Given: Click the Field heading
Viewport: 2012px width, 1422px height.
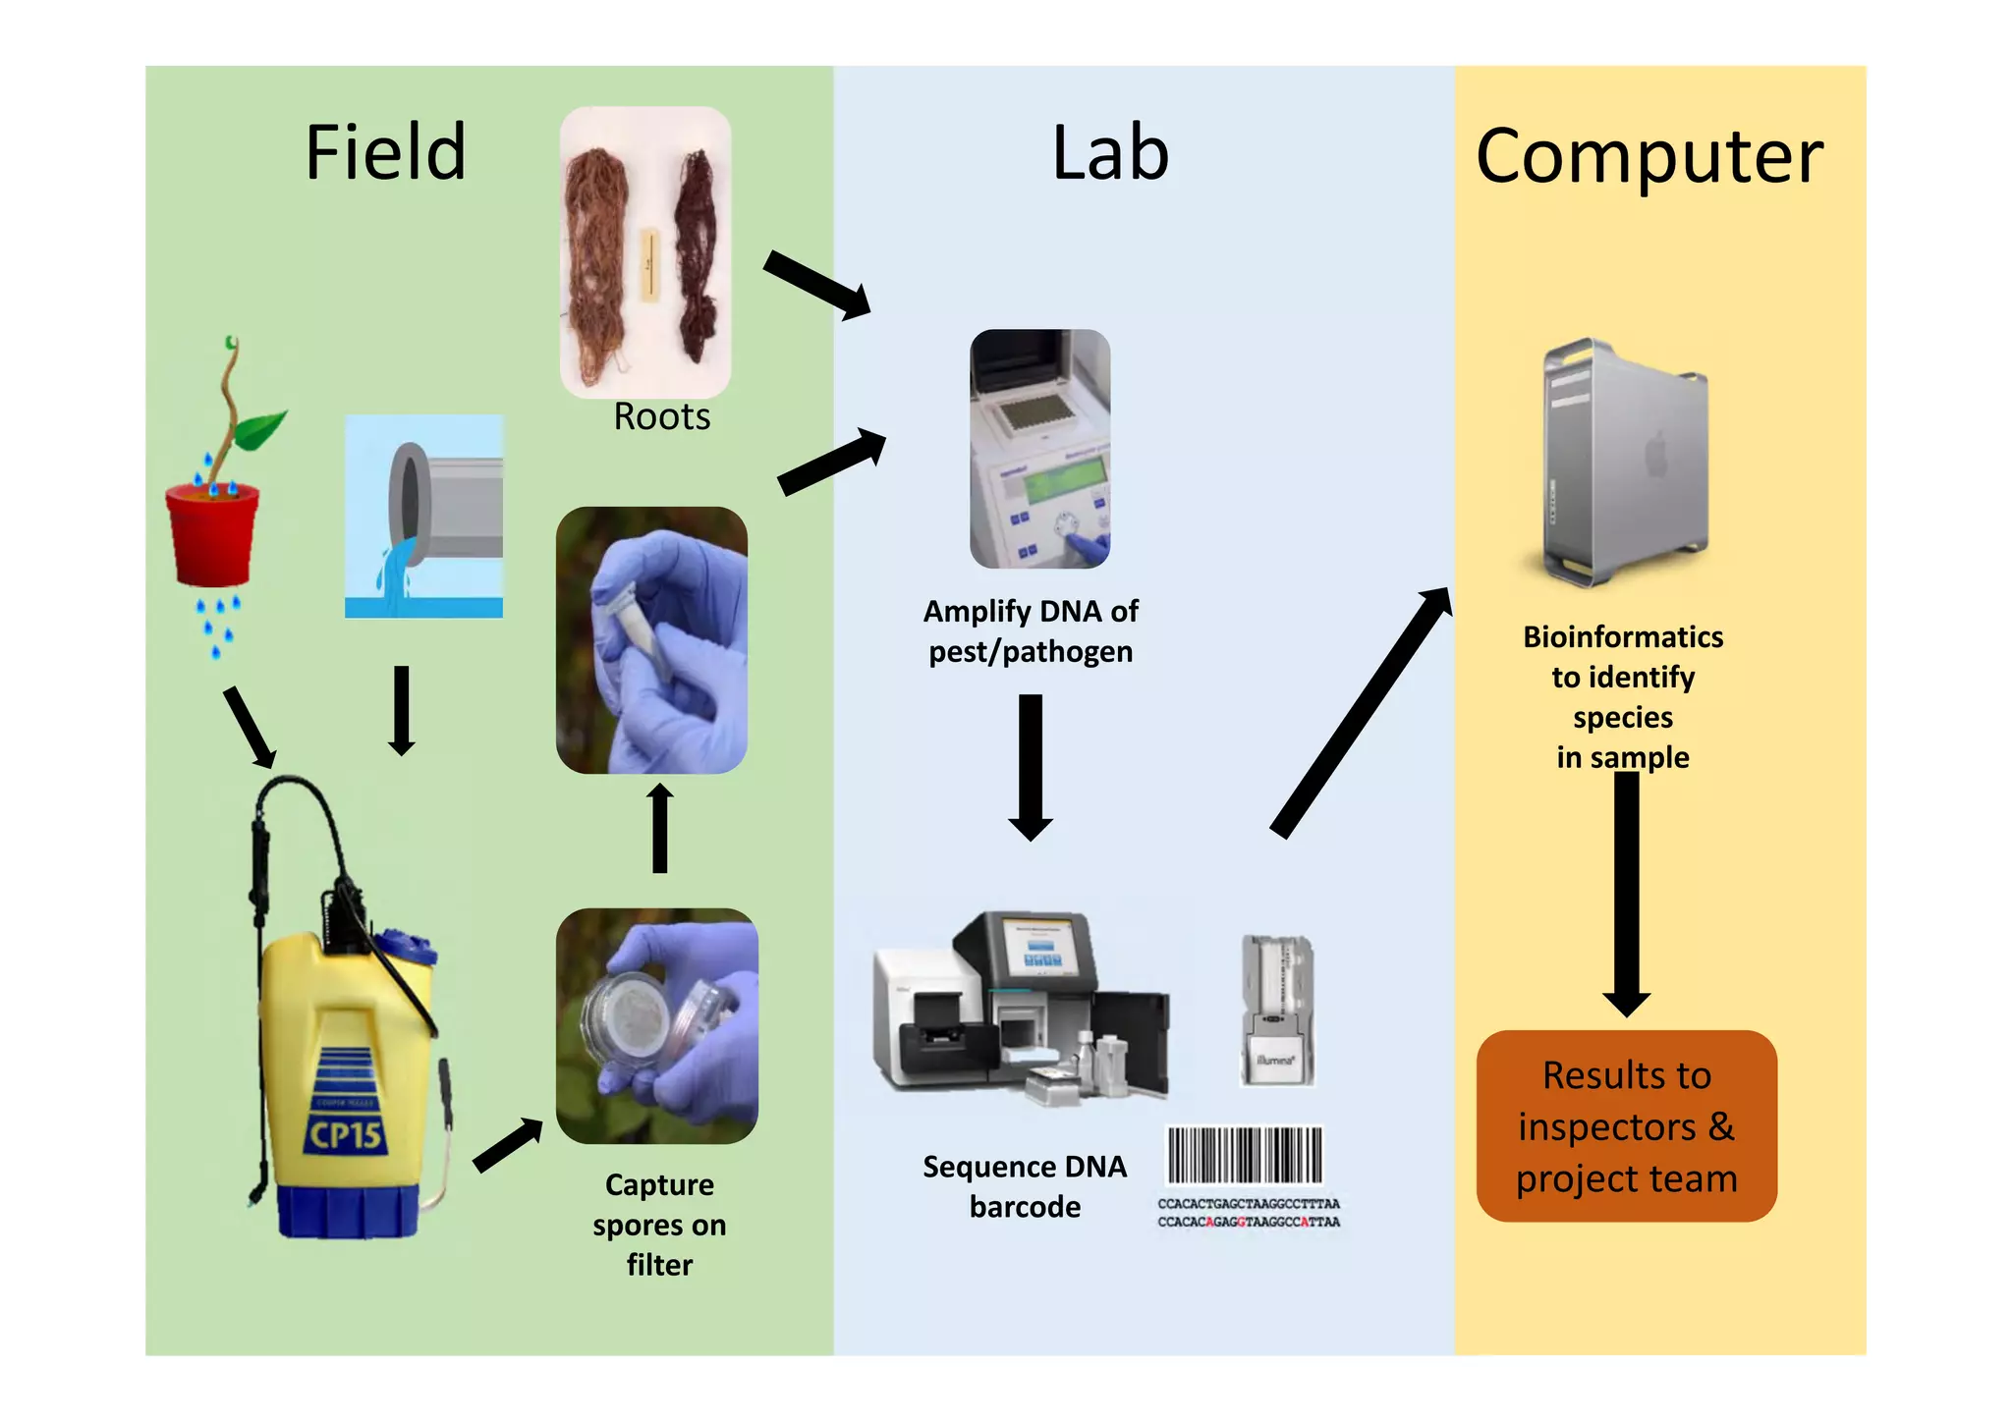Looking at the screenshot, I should pyautogui.click(x=385, y=153).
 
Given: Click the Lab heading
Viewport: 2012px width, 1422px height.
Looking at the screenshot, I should pyautogui.click(x=1109, y=154).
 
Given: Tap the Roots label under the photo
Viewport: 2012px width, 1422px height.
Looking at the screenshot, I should pyautogui.click(x=661, y=417).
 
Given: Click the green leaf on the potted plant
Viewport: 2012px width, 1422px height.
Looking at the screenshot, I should pyautogui.click(x=260, y=428).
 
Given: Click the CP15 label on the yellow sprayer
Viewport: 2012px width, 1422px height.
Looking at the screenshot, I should pyautogui.click(x=345, y=1135).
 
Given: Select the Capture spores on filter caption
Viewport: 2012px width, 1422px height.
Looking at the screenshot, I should pyautogui.click(x=659, y=1224).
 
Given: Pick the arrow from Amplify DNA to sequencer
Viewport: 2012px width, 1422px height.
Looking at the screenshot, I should pyautogui.click(x=1030, y=766).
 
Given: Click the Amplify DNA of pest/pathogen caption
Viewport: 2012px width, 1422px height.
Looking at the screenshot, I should pyautogui.click(x=1031, y=631).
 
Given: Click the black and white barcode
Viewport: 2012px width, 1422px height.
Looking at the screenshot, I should pyautogui.click(x=1245, y=1155).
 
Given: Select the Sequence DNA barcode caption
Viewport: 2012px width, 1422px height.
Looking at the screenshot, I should pyautogui.click(x=1024, y=1186).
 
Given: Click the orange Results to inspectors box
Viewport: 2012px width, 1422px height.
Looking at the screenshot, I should pyautogui.click(x=1626, y=1125).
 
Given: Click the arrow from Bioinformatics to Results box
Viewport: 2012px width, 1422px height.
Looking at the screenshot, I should pyautogui.click(x=1626, y=894).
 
